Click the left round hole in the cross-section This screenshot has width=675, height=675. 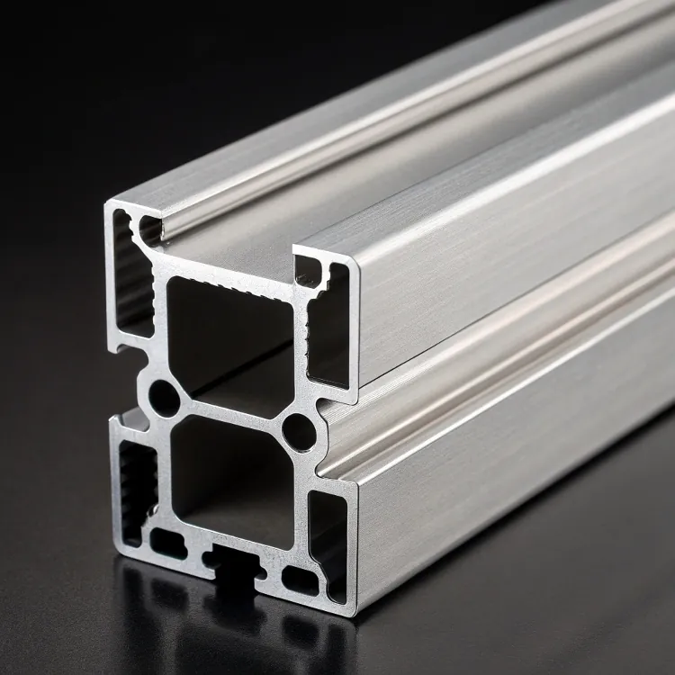pos(164,396)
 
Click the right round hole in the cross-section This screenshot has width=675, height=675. pos(299,431)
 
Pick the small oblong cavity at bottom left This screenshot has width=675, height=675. pos(166,543)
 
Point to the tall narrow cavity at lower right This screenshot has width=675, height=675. pos(328,540)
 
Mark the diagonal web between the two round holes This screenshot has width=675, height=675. pos(231,413)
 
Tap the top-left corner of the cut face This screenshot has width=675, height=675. pos(108,205)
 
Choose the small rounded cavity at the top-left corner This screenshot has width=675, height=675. pos(148,229)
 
